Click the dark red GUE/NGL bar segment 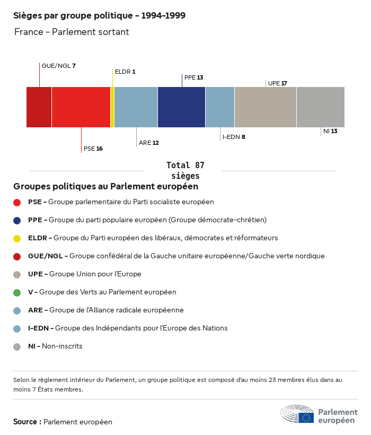pyautogui.click(x=39, y=107)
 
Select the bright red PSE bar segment pyautogui.click(x=81, y=107)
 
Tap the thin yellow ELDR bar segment pyautogui.click(x=112, y=107)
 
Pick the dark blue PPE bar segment pyautogui.click(x=181, y=107)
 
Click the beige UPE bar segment pyautogui.click(x=265, y=107)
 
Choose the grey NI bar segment pyautogui.click(x=320, y=107)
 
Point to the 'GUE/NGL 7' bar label pyautogui.click(x=59, y=66)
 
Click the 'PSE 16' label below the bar pyautogui.click(x=93, y=149)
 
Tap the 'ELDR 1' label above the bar pyautogui.click(x=125, y=71)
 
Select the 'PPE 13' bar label pyautogui.click(x=193, y=77)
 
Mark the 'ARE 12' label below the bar pyautogui.click(x=149, y=143)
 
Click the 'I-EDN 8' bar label pyautogui.click(x=234, y=137)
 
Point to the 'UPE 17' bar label pyautogui.click(x=278, y=83)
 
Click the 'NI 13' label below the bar pyautogui.click(x=330, y=131)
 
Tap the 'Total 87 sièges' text pyautogui.click(x=185, y=170)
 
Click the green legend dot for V pyautogui.click(x=17, y=292)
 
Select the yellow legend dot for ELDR pyautogui.click(x=17, y=238)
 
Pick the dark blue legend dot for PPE pyautogui.click(x=17, y=220)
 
